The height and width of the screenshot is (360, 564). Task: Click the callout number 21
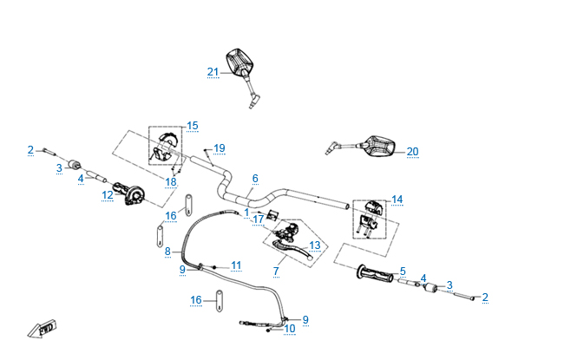coord(213,72)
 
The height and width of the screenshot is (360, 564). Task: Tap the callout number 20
coord(412,152)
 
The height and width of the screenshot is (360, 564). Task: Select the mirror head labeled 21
coord(239,62)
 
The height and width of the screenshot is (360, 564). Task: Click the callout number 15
coord(192,126)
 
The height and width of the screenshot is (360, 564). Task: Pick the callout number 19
coord(220,147)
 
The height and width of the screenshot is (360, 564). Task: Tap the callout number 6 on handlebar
coord(255,179)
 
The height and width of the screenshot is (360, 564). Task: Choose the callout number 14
coord(397,200)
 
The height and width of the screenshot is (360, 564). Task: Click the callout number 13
coord(314,245)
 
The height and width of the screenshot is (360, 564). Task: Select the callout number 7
coord(276,271)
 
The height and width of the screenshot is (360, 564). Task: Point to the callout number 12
coord(107,195)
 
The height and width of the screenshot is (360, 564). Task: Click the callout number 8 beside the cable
coord(167,252)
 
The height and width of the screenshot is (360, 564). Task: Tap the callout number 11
coord(235,265)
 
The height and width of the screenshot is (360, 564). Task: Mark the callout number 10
coord(290,329)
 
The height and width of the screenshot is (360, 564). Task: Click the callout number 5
coord(403,272)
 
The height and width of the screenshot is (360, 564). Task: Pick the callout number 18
coord(171,182)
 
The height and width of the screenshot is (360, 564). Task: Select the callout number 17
coord(258,220)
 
